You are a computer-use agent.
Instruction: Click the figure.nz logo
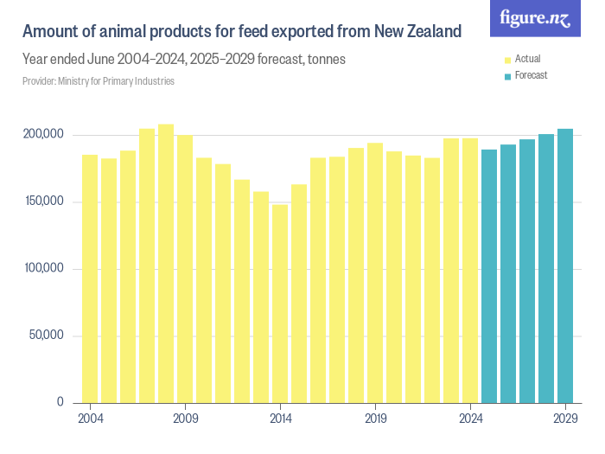click(535, 18)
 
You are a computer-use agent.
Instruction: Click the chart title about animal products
click(241, 32)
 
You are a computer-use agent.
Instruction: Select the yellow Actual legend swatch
click(507, 60)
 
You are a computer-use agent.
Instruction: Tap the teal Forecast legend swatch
click(507, 76)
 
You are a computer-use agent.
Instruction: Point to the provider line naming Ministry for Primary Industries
click(99, 81)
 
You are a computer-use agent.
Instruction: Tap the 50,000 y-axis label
click(48, 336)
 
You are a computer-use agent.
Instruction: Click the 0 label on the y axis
click(60, 402)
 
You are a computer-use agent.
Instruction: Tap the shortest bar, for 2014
click(280, 304)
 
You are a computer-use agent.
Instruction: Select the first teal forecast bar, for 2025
click(489, 276)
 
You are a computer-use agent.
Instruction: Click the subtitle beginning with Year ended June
click(185, 61)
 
